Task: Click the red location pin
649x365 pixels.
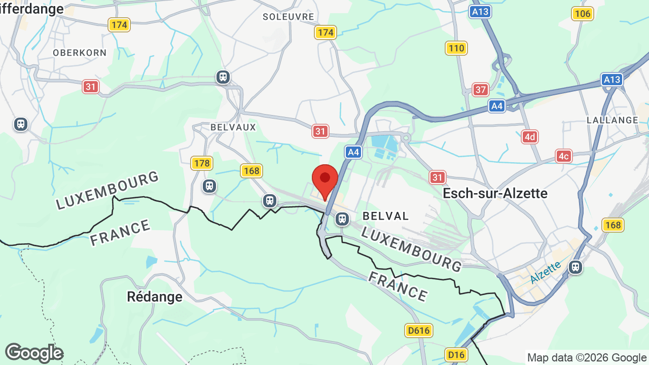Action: pos(325,180)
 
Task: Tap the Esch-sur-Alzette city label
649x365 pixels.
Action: pos(495,193)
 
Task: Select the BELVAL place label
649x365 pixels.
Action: pos(386,216)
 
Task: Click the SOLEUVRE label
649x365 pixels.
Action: pos(289,17)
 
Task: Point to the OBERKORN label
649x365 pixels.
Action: pos(80,53)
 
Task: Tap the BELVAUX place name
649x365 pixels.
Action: pos(233,127)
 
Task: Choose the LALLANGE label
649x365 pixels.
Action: pos(612,120)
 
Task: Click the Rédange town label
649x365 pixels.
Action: pos(155,297)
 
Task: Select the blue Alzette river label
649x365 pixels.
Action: pos(546,272)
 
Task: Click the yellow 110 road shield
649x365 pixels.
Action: pos(456,48)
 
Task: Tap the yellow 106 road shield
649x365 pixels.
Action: pos(583,14)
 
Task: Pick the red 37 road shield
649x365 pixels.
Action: pos(481,90)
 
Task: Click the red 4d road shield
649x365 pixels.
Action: pos(530,136)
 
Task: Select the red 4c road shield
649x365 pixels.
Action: pos(563,156)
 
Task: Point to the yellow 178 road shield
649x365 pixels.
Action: pos(202,163)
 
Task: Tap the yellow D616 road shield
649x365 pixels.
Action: pos(419,331)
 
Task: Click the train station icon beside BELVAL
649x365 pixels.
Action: pos(342,219)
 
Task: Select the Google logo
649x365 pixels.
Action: pos(34,353)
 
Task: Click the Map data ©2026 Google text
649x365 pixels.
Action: pos(587,357)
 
